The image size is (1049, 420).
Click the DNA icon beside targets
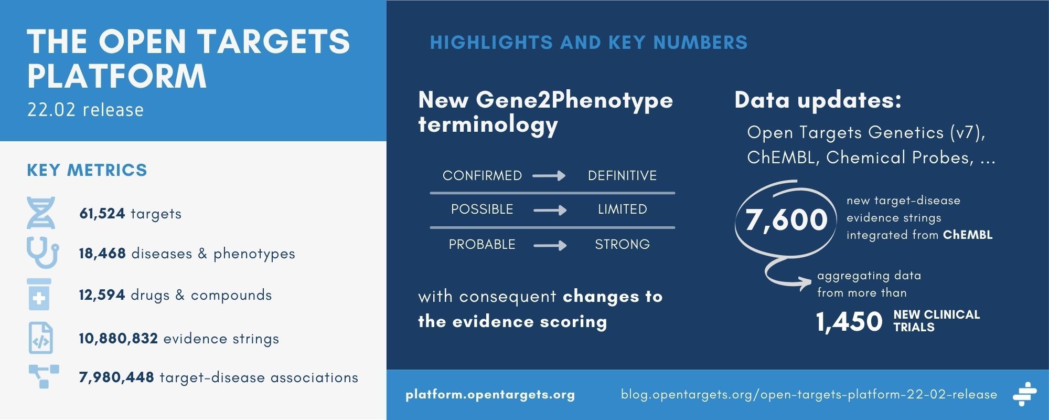pos(41,213)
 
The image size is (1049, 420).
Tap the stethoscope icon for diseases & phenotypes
pos(42,254)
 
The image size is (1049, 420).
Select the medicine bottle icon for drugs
pos(39,296)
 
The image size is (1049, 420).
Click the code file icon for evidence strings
pos(40,339)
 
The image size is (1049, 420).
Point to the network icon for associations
pos(43,376)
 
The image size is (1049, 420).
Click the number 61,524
pos(102,214)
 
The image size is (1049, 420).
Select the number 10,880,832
pos(119,339)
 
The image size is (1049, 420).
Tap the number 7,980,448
pos(116,377)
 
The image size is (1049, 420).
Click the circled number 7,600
pos(786,219)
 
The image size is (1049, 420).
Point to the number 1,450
pos(849,321)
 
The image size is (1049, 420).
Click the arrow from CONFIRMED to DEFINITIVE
pos(549,176)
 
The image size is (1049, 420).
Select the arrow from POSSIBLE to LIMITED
pos(550,210)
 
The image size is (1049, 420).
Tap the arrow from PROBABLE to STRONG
pos(550,245)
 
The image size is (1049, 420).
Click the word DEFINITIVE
pos(622,176)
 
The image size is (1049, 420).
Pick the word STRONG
pos(622,245)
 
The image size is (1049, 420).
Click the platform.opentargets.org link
pos(490,395)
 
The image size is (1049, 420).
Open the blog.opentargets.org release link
pos(809,395)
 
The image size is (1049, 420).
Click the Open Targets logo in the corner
pos(1024,394)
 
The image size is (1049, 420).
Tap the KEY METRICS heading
pos(87,171)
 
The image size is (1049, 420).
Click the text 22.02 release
pos(85,110)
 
